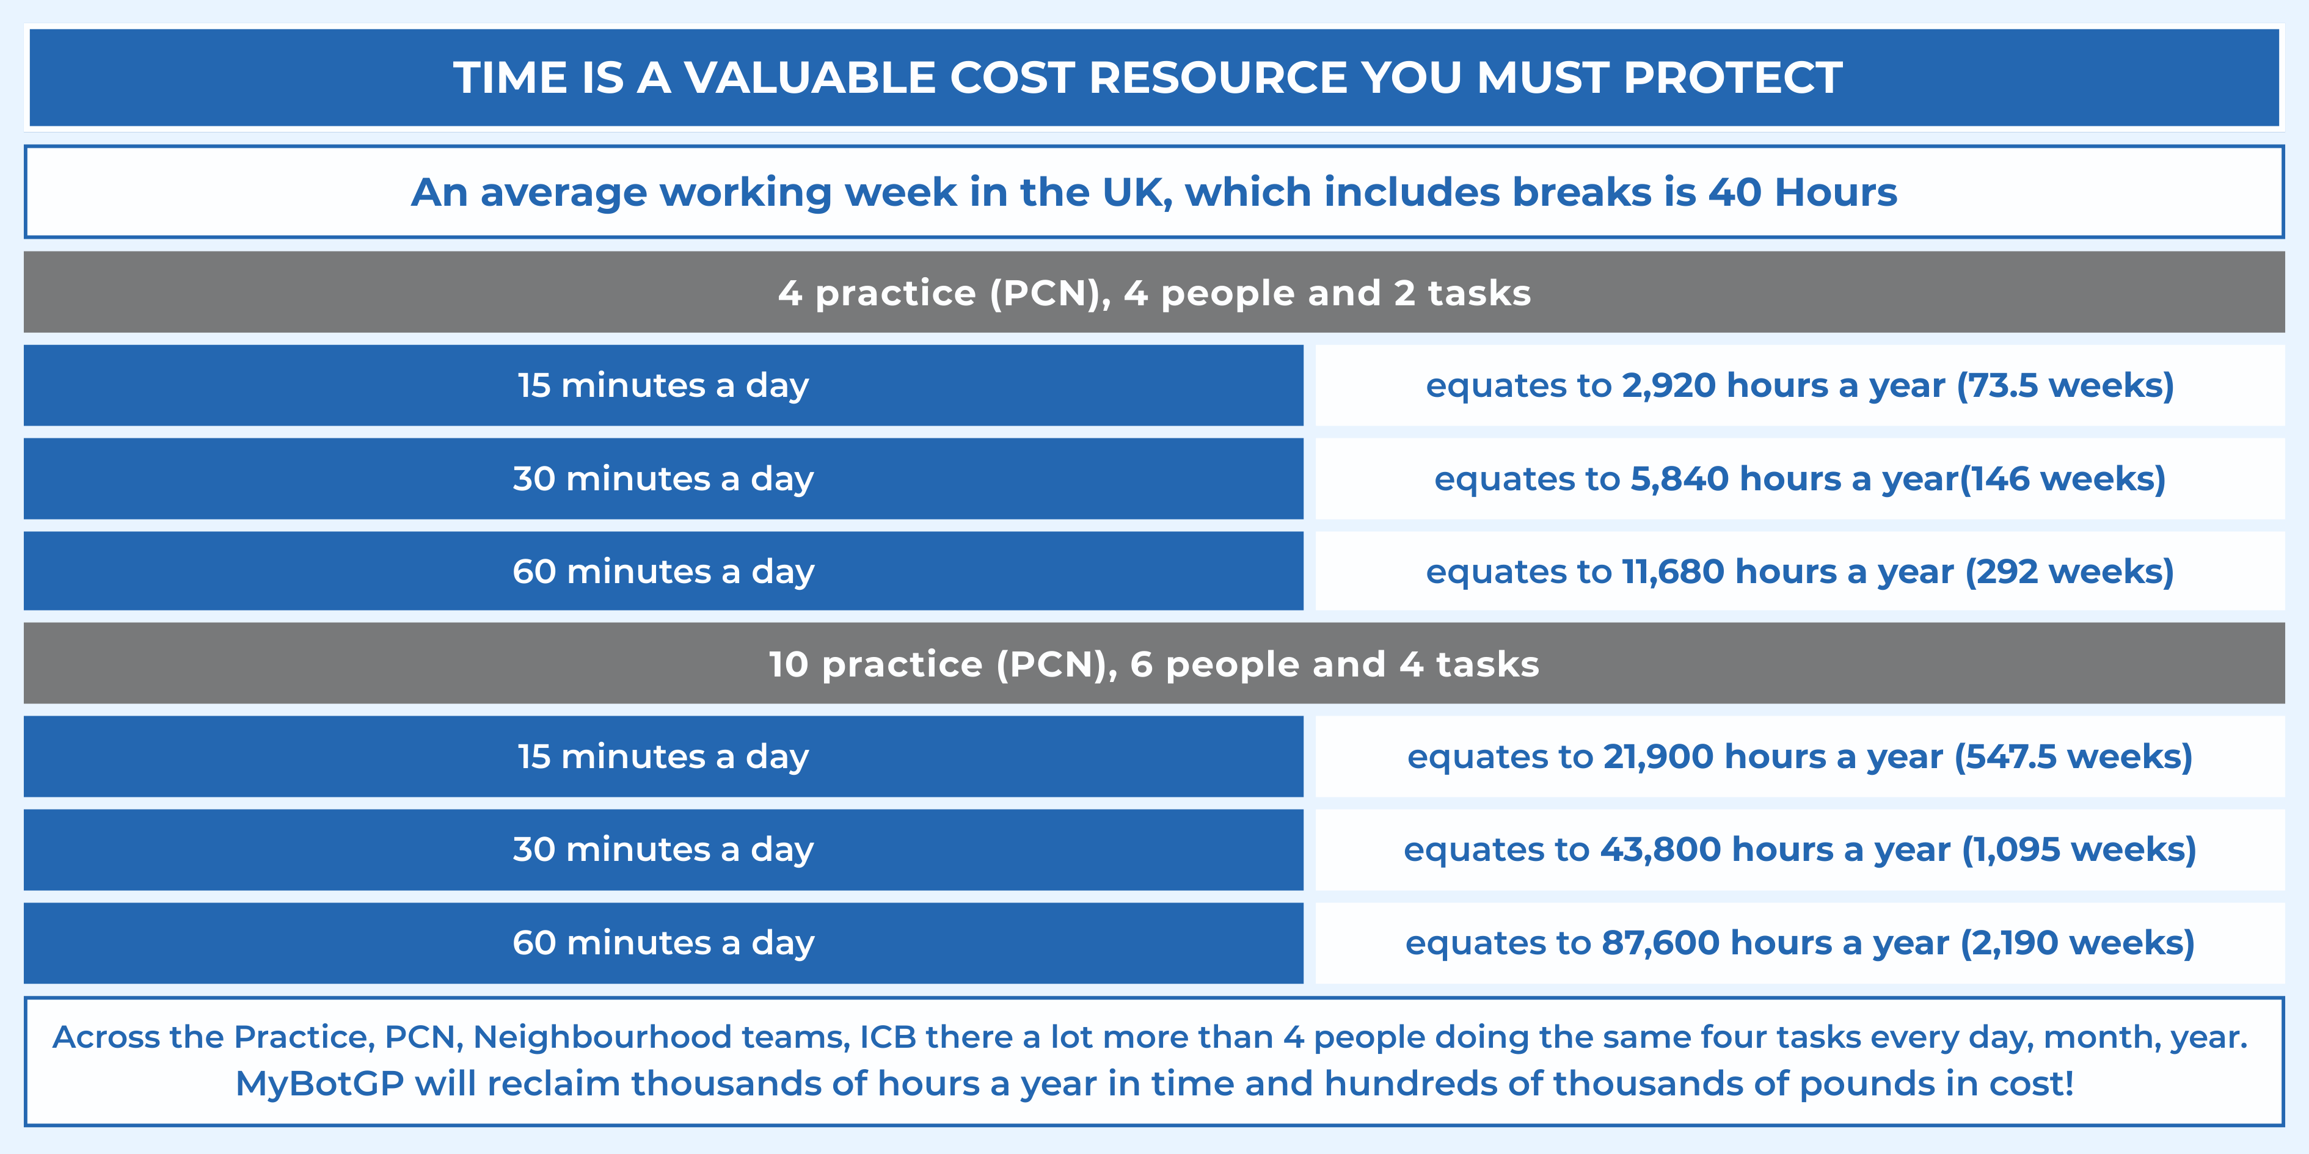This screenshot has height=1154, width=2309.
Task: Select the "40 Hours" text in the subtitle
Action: click(x=1803, y=192)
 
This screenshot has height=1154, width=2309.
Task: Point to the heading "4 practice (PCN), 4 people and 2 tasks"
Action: click(x=1154, y=293)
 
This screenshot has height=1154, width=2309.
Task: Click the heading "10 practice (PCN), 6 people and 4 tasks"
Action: click(x=1154, y=664)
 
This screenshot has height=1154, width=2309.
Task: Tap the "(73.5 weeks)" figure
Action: click(x=2065, y=385)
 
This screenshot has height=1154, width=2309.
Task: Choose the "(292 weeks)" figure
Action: click(x=2070, y=572)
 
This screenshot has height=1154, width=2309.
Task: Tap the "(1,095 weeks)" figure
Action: click(x=2079, y=849)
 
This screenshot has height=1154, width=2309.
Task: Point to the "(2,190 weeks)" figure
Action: click(x=2077, y=943)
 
